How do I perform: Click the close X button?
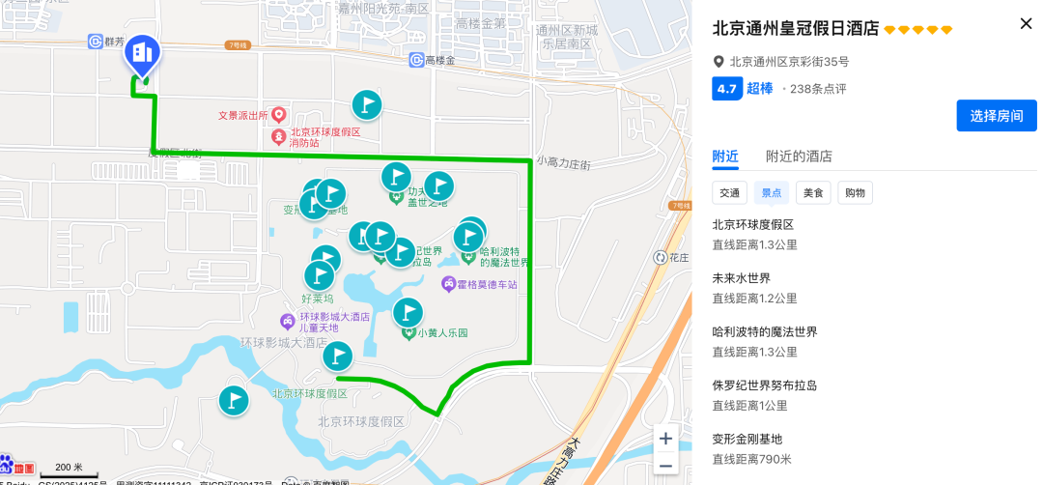pyautogui.click(x=1026, y=24)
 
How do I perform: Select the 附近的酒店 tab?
pyautogui.click(x=799, y=157)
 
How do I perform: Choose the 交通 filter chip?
pyautogui.click(x=729, y=193)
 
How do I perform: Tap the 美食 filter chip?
pyautogui.click(x=813, y=193)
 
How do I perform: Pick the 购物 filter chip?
pyautogui.click(x=855, y=193)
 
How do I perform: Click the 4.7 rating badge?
pyautogui.click(x=726, y=89)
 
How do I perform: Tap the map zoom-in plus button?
pyautogui.click(x=665, y=439)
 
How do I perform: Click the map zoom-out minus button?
pyautogui.click(x=665, y=465)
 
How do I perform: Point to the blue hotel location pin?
pyautogui.click(x=142, y=54)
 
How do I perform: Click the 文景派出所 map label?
pyautogui.click(x=244, y=115)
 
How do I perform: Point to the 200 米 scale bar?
pyautogui.click(x=70, y=471)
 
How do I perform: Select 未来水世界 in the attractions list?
pyautogui.click(x=742, y=278)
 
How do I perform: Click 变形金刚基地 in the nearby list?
pyautogui.click(x=747, y=439)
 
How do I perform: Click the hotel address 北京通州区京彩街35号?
pyautogui.click(x=789, y=62)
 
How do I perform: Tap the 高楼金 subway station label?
pyautogui.click(x=439, y=60)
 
